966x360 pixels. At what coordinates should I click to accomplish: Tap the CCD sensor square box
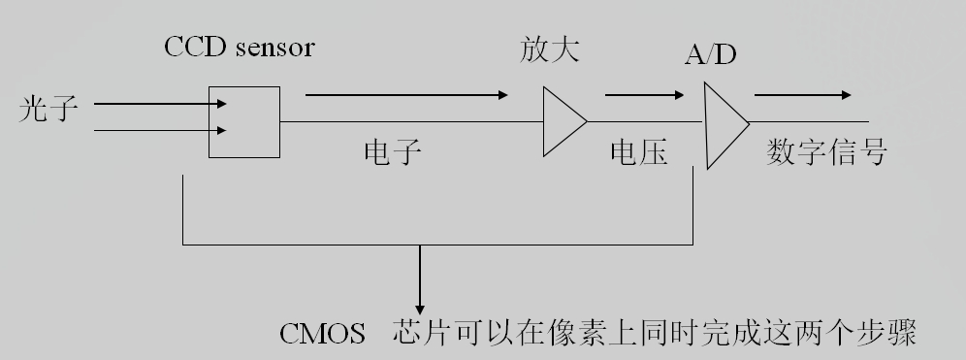pyautogui.click(x=244, y=121)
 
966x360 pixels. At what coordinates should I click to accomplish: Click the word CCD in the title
pyautogui.click(x=190, y=48)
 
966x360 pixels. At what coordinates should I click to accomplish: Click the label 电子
pyautogui.click(x=393, y=153)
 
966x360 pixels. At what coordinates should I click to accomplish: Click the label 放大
pyautogui.click(x=549, y=49)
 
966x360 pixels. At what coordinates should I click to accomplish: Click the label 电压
pyautogui.click(x=639, y=153)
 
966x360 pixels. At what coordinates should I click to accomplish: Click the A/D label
pyautogui.click(x=710, y=55)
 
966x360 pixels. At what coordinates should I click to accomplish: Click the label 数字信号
pyautogui.click(x=826, y=152)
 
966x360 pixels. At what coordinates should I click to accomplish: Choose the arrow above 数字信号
pyautogui.click(x=803, y=95)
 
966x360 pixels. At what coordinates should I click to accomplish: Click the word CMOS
pyautogui.click(x=322, y=336)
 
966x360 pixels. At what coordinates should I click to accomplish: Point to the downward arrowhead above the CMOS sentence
pyautogui.click(x=420, y=304)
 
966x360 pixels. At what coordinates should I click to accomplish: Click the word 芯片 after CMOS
pyautogui.click(x=422, y=335)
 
